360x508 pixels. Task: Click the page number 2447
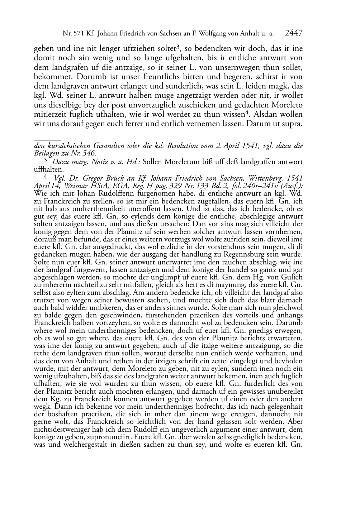294,33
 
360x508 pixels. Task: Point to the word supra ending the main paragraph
294,124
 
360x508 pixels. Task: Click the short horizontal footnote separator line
47,137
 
